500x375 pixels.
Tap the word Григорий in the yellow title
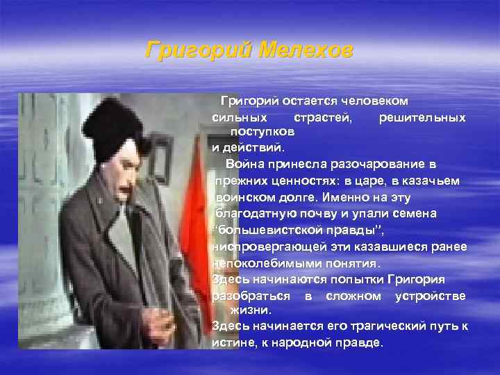(x=197, y=51)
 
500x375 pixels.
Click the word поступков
(x=262, y=131)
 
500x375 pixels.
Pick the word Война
(x=242, y=164)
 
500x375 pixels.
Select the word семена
(x=413, y=213)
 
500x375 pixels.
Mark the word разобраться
(x=251, y=297)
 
